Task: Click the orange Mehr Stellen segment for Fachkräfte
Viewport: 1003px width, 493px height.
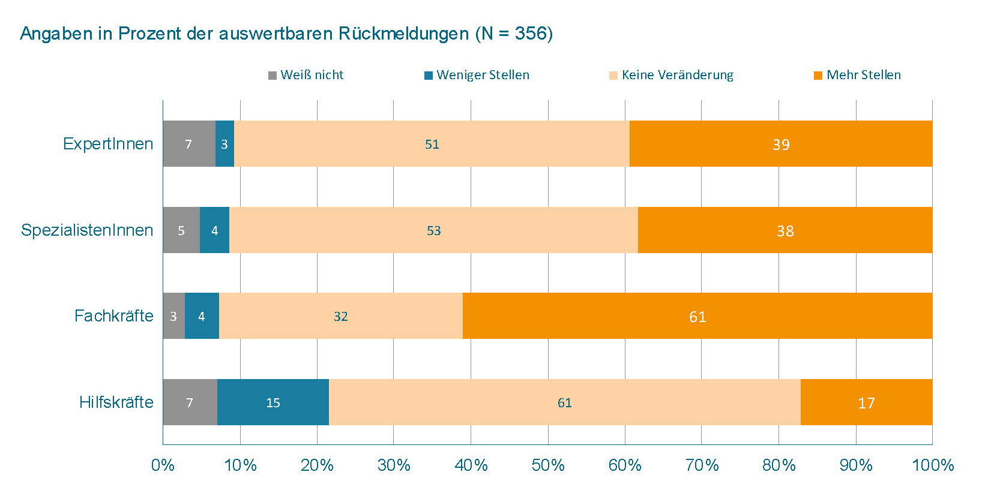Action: [x=697, y=316]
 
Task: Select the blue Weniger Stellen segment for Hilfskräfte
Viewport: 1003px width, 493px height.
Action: [x=273, y=402]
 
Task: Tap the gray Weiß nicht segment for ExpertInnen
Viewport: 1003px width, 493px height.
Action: [x=188, y=144]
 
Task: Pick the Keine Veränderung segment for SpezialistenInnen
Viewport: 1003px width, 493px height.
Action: [x=433, y=230]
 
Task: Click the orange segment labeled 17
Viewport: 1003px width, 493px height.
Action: [x=866, y=402]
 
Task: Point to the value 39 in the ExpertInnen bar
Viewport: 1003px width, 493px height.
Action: [x=781, y=145]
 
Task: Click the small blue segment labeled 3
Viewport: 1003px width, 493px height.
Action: [x=224, y=144]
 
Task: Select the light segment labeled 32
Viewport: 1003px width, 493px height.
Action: [x=340, y=316]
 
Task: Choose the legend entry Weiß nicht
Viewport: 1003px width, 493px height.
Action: [x=306, y=75]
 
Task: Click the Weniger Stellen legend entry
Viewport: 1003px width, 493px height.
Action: [x=477, y=75]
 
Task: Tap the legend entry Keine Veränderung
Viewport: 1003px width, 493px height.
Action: [x=672, y=75]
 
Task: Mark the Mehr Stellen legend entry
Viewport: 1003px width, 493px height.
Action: [x=858, y=75]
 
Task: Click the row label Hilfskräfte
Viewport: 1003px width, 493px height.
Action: [x=116, y=402]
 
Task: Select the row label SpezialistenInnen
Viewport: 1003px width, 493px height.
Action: [x=87, y=230]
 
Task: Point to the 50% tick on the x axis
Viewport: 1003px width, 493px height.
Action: [x=548, y=465]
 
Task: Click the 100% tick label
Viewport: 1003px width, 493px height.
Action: [x=932, y=465]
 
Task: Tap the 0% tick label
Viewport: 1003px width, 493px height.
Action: [x=163, y=465]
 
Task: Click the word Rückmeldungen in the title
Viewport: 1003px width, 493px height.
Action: [x=403, y=33]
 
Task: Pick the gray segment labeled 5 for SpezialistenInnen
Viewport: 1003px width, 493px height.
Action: [x=181, y=230]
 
